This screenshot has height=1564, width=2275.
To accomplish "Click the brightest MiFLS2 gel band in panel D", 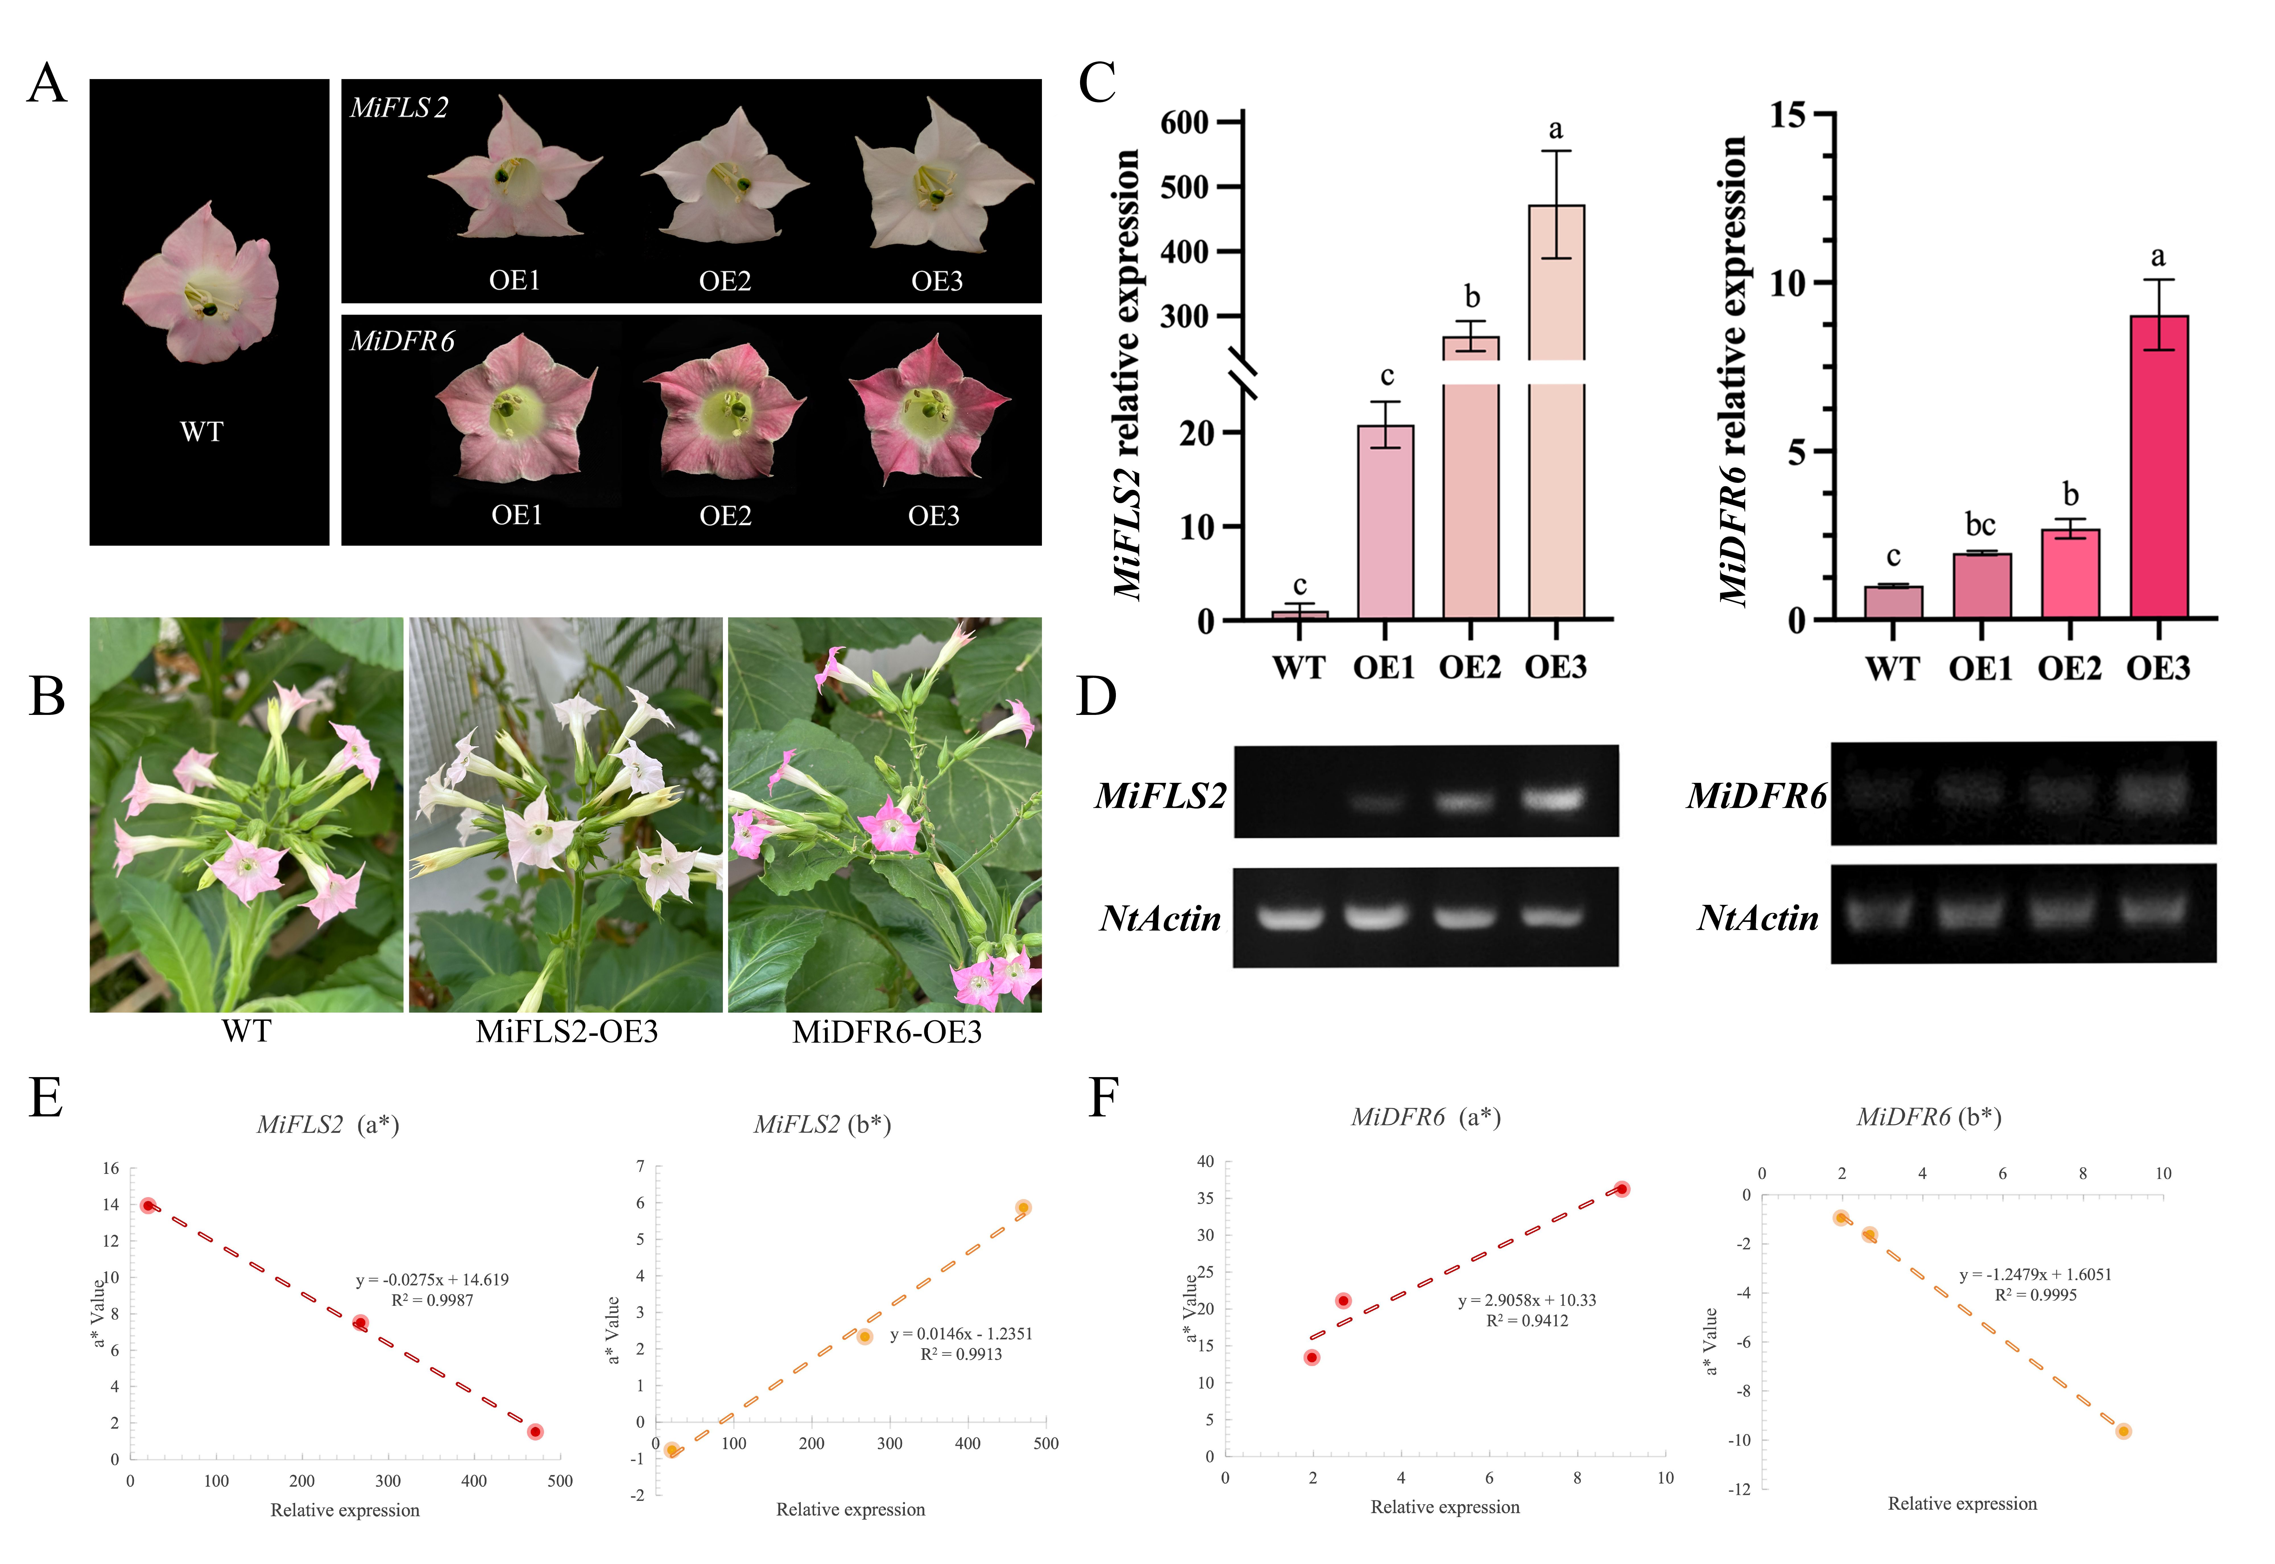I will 1553,799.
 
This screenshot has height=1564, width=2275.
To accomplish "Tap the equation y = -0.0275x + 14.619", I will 432,1280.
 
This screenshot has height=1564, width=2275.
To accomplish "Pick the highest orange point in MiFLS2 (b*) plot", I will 1023,1207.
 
